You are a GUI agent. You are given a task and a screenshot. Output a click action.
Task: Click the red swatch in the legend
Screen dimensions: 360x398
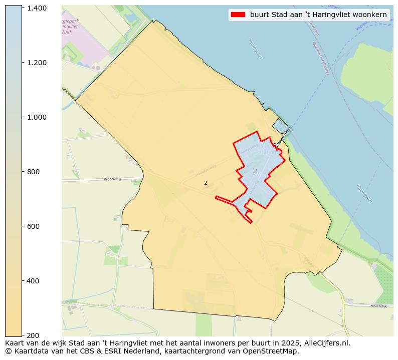tap(238, 15)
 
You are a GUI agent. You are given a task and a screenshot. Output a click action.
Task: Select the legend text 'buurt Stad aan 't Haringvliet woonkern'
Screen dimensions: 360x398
tap(318, 15)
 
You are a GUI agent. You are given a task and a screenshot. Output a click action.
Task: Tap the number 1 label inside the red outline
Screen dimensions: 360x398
tap(256, 172)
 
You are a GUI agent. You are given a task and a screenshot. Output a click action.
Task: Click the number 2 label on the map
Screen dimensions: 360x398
tap(206, 183)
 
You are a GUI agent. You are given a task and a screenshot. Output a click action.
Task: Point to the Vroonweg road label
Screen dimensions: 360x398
tap(112, 179)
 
